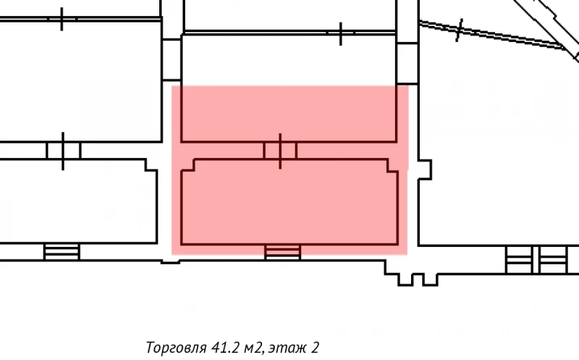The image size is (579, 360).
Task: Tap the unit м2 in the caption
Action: pyautogui.click(x=255, y=347)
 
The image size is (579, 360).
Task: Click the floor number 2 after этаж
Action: pyautogui.click(x=316, y=347)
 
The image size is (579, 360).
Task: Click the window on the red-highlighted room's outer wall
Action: pyautogui.click(x=282, y=251)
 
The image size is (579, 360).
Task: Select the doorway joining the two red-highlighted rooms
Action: pyautogui.click(x=280, y=151)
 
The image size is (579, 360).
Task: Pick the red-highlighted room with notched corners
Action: pyautogui.click(x=289, y=203)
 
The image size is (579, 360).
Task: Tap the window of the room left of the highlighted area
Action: pyautogui.click(x=62, y=251)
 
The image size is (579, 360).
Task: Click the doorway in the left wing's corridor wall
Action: pyautogui.click(x=63, y=151)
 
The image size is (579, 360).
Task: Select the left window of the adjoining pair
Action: pyautogui.click(x=517, y=259)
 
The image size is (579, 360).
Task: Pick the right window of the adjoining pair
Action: pyautogui.click(x=552, y=259)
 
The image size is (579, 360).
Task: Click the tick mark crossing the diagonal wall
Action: pyautogui.click(x=460, y=30)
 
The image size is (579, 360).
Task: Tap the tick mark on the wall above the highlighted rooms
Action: pyautogui.click(x=341, y=33)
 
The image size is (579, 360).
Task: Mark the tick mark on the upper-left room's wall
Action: pyautogui.click(x=62, y=19)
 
